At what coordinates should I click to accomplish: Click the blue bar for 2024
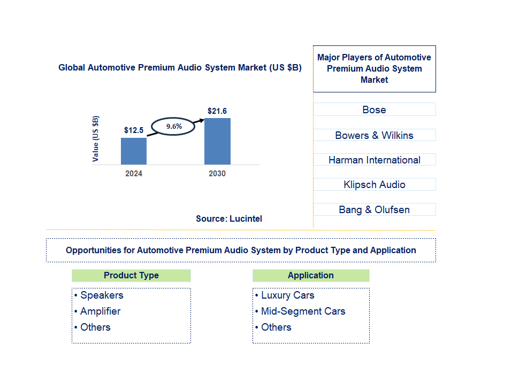(133, 151)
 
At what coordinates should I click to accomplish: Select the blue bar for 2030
(217, 141)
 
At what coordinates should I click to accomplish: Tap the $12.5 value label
(134, 130)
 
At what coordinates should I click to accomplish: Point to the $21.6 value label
(217, 111)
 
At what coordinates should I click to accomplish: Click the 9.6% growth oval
(174, 127)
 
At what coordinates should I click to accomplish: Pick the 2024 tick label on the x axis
(134, 174)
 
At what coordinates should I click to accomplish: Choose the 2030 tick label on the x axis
(217, 174)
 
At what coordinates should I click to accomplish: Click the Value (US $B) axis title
(96, 138)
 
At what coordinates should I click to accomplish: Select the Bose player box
(374, 110)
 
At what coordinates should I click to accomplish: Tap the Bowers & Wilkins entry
(374, 135)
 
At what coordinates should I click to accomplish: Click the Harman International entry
(374, 160)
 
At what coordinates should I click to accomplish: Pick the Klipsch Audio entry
(374, 185)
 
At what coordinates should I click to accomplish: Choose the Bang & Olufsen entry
(374, 209)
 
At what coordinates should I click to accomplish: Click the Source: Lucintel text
(229, 218)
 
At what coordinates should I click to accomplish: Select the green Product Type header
(131, 276)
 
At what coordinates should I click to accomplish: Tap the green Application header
(311, 276)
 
